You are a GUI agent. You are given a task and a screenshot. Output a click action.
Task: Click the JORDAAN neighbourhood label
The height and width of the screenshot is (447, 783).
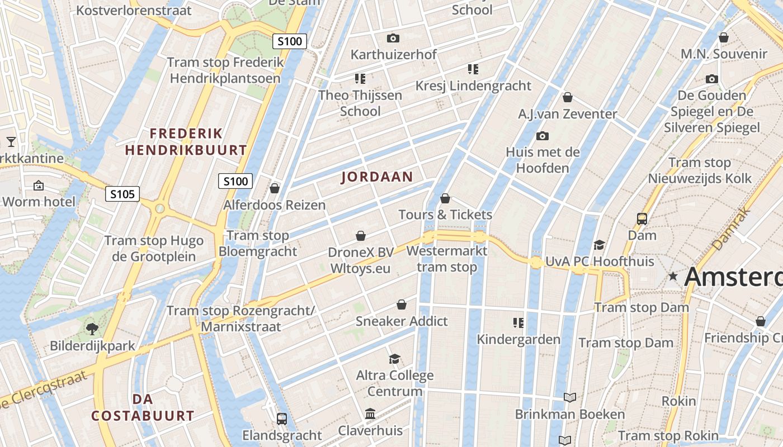tap(377, 177)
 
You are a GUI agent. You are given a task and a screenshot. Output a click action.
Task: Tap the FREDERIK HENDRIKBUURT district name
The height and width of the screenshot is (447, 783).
tap(186, 142)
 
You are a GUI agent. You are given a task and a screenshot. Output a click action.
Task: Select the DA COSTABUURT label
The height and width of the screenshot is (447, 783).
tap(143, 407)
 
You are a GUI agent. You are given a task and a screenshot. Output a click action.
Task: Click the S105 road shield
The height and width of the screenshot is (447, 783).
tap(122, 194)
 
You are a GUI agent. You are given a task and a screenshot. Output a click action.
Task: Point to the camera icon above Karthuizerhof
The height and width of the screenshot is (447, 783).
tap(393, 38)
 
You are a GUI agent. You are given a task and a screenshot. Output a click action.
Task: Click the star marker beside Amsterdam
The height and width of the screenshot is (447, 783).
tap(673, 276)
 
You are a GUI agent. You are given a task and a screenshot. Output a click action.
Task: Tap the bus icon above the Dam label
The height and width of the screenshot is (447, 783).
tap(642, 219)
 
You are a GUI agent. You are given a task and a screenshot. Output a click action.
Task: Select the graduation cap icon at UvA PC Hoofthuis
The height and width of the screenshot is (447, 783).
tap(599, 245)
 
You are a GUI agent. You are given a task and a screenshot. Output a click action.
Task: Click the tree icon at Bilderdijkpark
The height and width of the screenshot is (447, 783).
tap(92, 329)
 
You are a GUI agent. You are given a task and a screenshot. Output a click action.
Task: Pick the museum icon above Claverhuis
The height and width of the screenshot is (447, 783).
tap(370, 414)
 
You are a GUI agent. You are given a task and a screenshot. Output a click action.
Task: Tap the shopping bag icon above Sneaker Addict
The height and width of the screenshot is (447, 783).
tap(402, 305)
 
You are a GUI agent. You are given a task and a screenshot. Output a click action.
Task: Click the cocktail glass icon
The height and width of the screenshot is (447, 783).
tap(11, 141)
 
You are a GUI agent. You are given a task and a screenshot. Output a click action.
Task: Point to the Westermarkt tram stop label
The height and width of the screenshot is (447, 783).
tap(447, 259)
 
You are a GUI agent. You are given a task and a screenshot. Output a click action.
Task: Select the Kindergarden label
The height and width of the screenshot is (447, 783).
tap(518, 339)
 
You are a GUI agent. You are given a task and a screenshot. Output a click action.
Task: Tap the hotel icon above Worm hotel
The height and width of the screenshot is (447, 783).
tap(39, 185)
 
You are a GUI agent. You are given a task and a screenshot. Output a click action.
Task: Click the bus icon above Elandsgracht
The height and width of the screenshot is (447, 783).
tap(282, 419)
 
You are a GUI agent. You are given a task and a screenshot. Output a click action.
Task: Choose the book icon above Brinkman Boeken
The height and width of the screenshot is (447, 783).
tap(569, 397)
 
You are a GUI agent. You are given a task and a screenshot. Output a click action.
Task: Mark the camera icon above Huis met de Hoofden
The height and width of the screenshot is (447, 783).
tap(541, 136)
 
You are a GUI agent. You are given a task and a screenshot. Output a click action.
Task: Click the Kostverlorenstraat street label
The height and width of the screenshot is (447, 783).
tap(134, 10)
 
